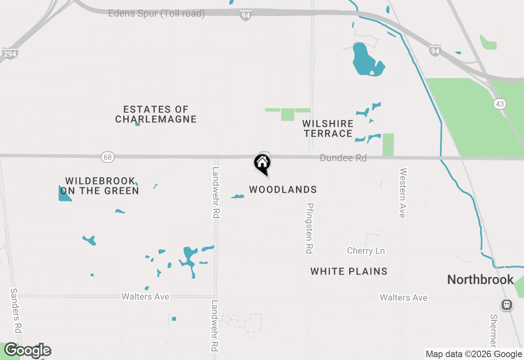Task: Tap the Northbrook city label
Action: click(480, 280)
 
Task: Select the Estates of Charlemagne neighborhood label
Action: click(156, 114)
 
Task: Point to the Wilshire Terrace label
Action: click(328, 128)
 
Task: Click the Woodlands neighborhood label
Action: click(283, 189)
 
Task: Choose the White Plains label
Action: click(349, 271)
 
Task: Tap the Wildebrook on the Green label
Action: click(99, 186)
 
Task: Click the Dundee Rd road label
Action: click(343, 158)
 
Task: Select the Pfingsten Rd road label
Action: click(309, 228)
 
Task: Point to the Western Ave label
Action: click(403, 192)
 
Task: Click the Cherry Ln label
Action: click(366, 251)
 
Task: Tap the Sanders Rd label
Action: click(16, 311)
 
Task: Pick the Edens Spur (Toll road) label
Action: click(156, 13)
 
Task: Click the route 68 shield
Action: click(107, 157)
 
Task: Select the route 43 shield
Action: click(499, 104)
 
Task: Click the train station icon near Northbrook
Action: click(507, 305)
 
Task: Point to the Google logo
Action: click(28, 350)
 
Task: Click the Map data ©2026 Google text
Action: click(474, 354)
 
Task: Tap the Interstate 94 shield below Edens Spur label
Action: click(245, 16)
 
